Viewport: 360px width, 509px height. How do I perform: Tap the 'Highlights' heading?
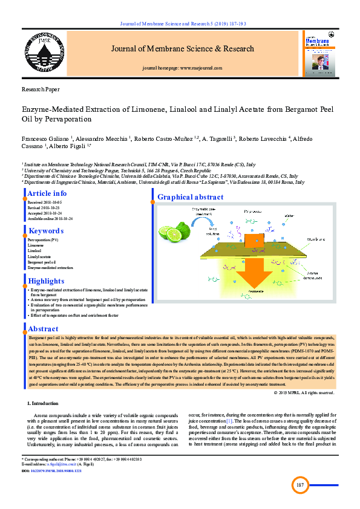pos(46,281)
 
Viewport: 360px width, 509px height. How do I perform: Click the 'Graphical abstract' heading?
pos(190,197)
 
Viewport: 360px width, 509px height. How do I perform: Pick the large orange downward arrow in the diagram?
pos(254,275)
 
